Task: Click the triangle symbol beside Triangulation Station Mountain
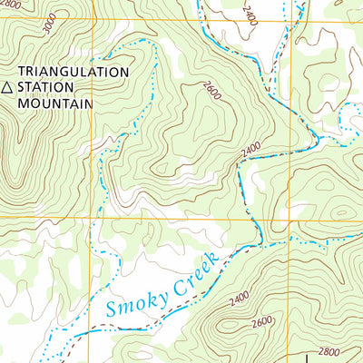8,87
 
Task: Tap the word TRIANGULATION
74,71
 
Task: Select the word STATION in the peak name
49,87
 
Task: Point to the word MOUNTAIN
55,103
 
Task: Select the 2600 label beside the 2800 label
261,323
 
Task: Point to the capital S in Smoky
112,309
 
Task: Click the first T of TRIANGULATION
24,71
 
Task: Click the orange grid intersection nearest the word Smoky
93,218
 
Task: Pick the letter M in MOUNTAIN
24,103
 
